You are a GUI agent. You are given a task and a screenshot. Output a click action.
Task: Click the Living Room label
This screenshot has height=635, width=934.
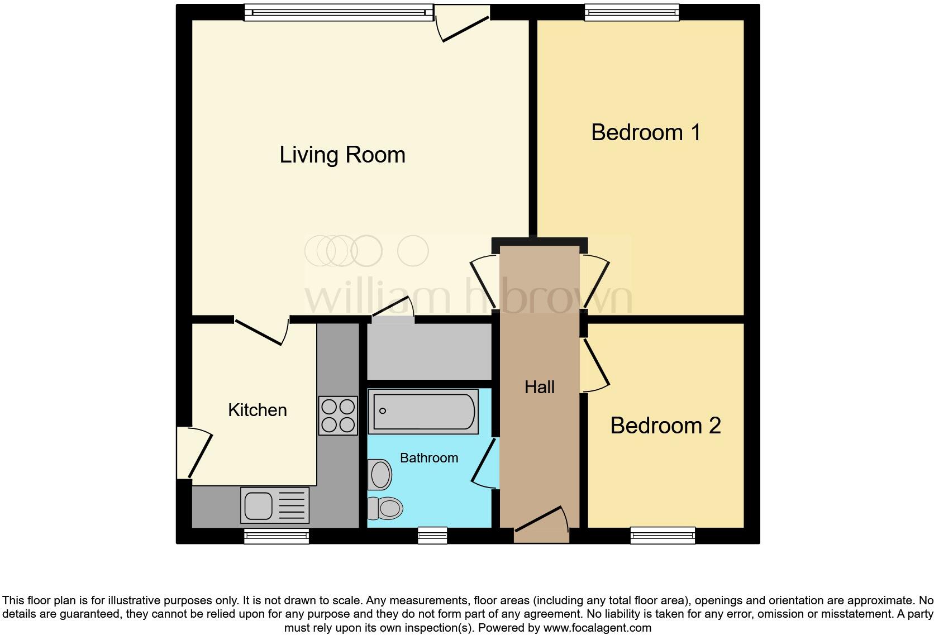coord(342,155)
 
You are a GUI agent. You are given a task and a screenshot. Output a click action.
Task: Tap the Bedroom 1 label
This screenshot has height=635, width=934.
coord(645,132)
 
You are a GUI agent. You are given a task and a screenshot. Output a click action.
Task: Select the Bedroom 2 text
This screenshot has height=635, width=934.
coord(665,426)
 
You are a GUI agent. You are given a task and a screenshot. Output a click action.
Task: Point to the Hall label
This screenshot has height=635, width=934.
coord(539,387)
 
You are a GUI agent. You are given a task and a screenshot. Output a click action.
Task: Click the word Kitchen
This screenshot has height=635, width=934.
coord(257,410)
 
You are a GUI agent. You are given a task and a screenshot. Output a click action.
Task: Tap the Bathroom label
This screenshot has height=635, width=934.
coord(428,458)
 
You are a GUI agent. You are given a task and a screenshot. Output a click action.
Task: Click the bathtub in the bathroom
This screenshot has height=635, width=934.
coord(423,412)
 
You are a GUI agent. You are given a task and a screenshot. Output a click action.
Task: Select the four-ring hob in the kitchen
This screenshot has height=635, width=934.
coord(338,416)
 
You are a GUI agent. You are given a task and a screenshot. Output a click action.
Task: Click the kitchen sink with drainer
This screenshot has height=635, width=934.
coord(274,505)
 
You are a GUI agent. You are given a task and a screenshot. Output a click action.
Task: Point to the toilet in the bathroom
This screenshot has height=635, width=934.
coord(385,508)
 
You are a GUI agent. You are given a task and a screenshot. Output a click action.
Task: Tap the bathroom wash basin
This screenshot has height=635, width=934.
coord(380,475)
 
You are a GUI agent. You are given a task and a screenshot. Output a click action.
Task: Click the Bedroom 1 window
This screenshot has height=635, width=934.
coord(631,12)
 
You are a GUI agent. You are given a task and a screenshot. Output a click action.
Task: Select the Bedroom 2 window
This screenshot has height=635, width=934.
coord(663,536)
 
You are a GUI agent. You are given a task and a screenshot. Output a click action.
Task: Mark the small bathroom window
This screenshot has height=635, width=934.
coord(433,536)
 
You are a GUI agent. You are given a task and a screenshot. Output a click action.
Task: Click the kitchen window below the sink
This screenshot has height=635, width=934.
coord(277,536)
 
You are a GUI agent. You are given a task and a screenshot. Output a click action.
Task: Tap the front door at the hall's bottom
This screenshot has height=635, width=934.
coord(541,525)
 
